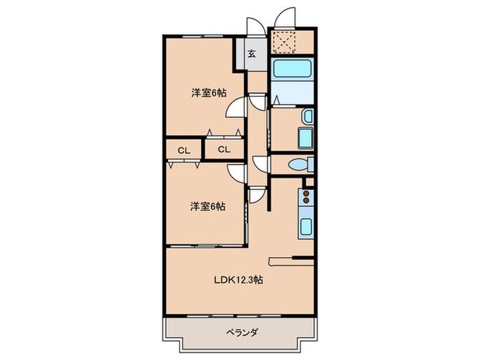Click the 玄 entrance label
pos(252,54)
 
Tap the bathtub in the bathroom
pos(292,70)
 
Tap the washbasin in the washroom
pos(308,116)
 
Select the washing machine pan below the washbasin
pos(305,137)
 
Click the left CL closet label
pos(183,150)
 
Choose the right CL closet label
pos(224,150)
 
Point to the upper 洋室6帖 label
pos(208,94)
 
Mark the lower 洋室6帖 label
pos(208,205)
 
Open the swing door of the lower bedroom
pos(237,173)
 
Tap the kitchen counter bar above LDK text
pos(291,259)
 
